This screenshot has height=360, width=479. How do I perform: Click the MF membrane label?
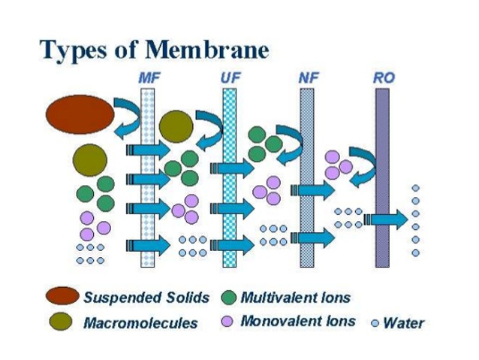click(x=149, y=77)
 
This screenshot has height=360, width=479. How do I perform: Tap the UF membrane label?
click(x=231, y=77)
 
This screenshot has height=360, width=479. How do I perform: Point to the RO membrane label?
click(x=383, y=77)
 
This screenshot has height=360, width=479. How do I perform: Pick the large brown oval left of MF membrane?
click(x=80, y=113)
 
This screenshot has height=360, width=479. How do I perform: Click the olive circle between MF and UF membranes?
click(x=176, y=126)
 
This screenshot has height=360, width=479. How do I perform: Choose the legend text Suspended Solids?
click(x=146, y=297)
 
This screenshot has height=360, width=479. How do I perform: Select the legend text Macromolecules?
click(x=140, y=324)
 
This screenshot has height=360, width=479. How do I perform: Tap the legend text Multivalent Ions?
click(x=295, y=297)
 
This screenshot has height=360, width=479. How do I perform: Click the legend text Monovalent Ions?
click(x=298, y=322)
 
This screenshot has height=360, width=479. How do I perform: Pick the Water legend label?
click(x=403, y=324)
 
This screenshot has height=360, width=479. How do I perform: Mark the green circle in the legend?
click(x=230, y=297)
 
